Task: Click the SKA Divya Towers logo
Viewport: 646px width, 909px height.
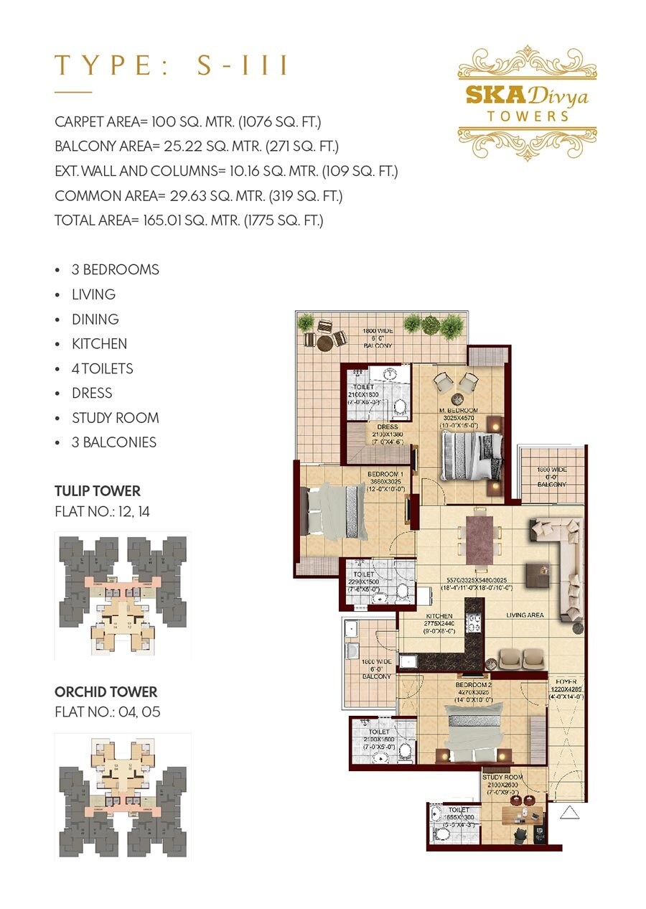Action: click(527, 103)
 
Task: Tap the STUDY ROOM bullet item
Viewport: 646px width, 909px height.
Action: click(115, 418)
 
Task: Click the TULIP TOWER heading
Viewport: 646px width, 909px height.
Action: click(98, 492)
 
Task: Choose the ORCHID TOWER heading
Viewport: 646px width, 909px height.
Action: click(106, 692)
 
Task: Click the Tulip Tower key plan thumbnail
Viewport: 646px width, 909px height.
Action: click(123, 595)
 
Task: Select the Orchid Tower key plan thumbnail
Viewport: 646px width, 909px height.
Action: click(123, 796)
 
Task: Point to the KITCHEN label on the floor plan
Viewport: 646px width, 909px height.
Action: click(439, 616)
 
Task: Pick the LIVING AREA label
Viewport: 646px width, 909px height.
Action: click(525, 615)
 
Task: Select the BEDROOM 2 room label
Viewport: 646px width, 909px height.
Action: click(472, 685)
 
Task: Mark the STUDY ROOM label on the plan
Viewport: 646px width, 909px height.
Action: click(504, 778)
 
